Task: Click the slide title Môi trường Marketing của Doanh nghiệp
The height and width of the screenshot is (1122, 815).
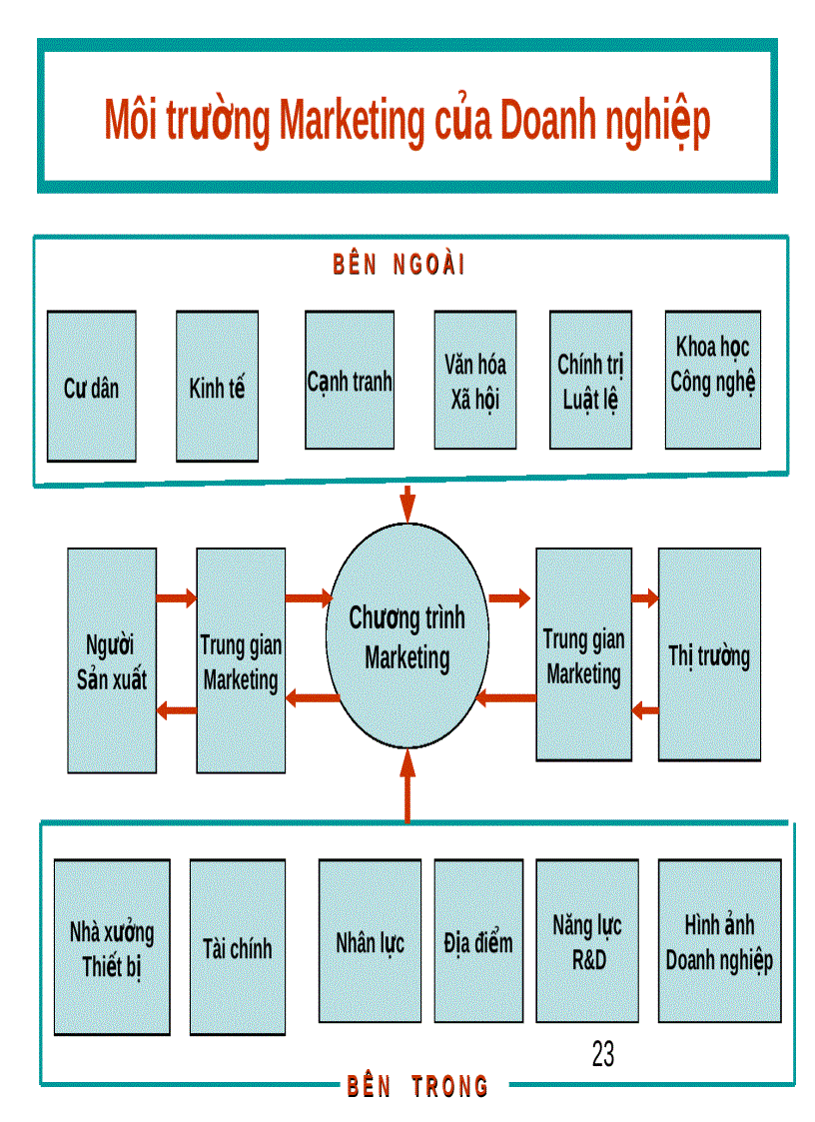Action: [407, 120]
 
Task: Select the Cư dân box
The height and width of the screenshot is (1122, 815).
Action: [91, 386]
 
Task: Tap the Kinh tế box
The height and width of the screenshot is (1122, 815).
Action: [217, 386]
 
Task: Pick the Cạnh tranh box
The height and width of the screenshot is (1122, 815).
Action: [350, 381]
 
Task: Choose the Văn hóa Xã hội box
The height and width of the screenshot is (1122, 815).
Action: [475, 381]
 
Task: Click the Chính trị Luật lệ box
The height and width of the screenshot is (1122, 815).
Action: [590, 381]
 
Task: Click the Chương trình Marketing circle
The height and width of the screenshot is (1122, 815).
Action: [407, 636]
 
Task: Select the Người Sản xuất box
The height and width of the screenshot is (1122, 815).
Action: [112, 659]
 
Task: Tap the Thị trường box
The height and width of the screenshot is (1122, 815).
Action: [709, 655]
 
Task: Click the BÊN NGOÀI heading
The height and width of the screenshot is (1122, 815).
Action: [400, 265]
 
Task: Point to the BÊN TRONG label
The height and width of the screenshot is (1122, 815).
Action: [417, 1086]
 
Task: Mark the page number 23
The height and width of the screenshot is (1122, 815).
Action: [602, 1054]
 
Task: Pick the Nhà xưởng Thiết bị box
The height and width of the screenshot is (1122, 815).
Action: [112, 947]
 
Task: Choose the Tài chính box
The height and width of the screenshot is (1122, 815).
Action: [237, 947]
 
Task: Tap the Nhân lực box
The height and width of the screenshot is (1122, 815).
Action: [370, 941]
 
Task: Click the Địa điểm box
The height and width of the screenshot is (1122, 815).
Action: [478, 941]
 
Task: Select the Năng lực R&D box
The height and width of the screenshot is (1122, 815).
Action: [587, 941]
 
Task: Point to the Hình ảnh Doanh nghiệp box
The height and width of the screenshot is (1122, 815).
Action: [719, 941]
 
